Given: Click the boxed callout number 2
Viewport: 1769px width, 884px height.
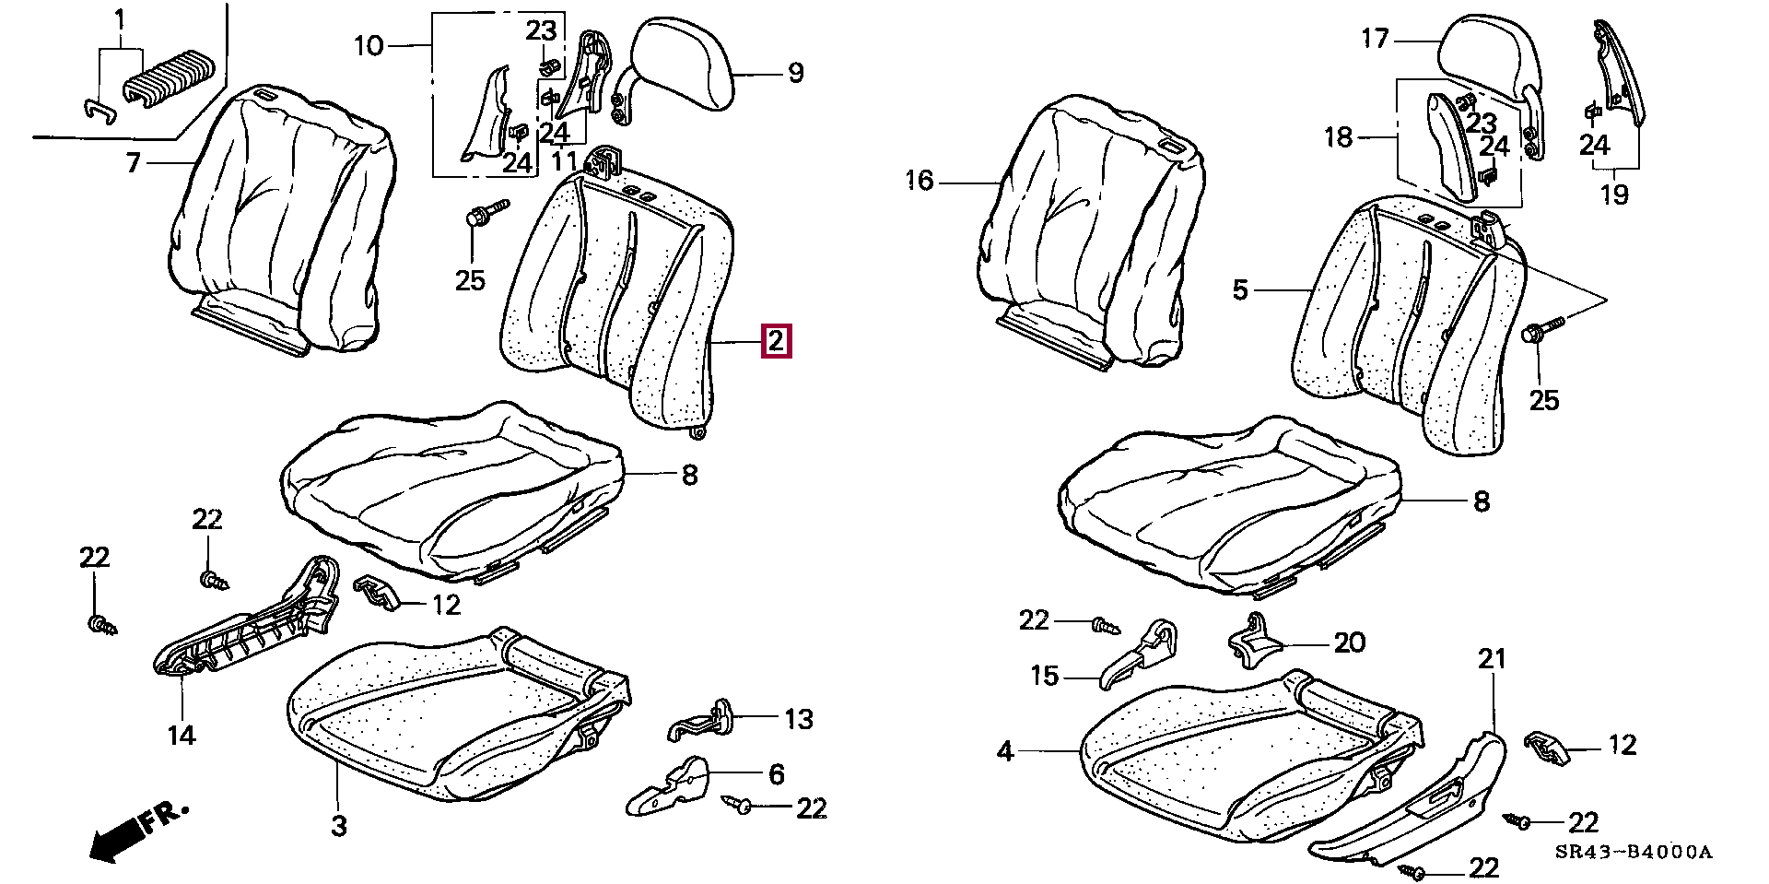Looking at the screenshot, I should (x=775, y=342).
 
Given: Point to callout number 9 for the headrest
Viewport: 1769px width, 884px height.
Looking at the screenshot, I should (x=795, y=72).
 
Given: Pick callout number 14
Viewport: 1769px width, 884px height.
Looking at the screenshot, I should (x=182, y=735).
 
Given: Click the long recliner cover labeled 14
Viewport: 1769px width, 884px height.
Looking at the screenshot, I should (x=249, y=626).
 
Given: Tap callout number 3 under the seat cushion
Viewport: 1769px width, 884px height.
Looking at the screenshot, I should (x=338, y=825).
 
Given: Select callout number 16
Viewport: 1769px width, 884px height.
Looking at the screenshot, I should (x=919, y=181).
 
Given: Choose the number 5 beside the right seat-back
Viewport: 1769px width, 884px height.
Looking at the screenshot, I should (x=1240, y=290).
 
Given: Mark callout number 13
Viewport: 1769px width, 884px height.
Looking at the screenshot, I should (x=798, y=718).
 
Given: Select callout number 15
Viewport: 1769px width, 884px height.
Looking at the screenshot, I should (x=1045, y=676).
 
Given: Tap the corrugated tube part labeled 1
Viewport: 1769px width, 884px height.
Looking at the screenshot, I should (x=170, y=78).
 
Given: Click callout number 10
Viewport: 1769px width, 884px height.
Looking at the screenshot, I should (x=369, y=44).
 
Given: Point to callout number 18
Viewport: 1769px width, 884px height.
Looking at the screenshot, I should (x=1338, y=137).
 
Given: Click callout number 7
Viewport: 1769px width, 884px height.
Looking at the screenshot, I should (x=133, y=163).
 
